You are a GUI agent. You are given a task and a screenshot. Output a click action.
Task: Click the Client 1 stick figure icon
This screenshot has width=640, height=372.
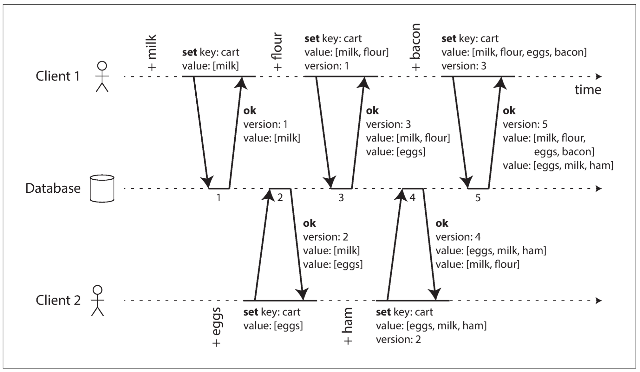102,76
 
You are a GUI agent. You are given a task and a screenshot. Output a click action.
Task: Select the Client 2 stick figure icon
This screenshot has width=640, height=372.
98,301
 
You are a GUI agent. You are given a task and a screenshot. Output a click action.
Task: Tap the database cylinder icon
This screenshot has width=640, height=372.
102,189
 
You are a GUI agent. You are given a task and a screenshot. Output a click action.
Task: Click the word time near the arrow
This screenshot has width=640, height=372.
588,90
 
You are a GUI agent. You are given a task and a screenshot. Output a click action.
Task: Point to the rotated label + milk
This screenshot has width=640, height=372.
152,53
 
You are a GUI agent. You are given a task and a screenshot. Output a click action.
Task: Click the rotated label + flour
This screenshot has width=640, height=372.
277,51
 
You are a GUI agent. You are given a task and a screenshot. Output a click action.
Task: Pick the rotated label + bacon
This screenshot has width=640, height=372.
415,47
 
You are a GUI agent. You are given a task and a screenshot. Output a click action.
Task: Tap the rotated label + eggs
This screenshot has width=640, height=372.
217,327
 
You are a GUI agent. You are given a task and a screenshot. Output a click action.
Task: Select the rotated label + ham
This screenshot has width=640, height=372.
348,326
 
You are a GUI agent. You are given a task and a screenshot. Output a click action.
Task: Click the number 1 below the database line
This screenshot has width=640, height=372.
219,198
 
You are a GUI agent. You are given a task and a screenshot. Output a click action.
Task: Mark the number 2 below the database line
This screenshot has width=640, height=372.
280,198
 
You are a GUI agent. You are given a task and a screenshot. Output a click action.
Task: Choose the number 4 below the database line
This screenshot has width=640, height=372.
412,198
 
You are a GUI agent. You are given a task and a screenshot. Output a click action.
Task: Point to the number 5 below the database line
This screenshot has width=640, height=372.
478,198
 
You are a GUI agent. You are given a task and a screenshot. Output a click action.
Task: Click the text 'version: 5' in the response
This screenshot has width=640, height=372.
525,124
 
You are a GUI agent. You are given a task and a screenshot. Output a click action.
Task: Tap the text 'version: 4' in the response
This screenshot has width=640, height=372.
458,237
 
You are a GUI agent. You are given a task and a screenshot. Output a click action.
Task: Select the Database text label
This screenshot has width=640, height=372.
53,188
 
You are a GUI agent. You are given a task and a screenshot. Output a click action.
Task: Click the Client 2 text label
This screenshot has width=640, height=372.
58,300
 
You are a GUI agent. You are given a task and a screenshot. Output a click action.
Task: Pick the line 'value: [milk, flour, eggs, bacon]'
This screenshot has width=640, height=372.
514,52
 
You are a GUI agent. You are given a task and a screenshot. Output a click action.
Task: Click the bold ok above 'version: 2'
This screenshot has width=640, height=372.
309,223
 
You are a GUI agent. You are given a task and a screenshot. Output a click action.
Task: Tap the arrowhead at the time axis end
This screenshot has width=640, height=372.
599,76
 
